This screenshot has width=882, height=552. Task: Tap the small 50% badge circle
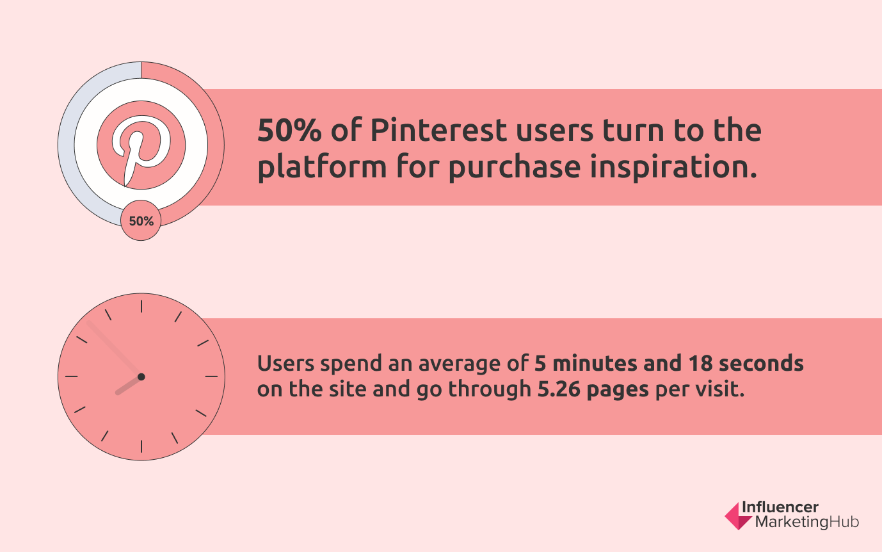(x=141, y=222)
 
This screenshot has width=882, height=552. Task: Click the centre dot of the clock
(x=141, y=377)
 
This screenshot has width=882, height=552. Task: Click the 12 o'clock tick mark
(x=141, y=306)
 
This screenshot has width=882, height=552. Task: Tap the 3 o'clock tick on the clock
(x=211, y=377)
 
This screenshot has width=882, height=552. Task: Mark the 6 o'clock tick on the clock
(x=141, y=446)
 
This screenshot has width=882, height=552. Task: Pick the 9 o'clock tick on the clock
(x=71, y=377)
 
